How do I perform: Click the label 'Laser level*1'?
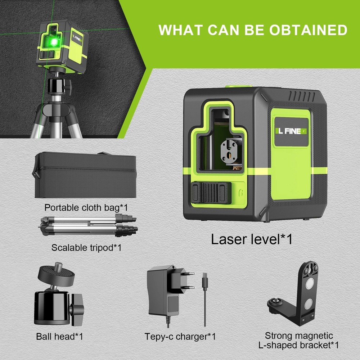252,239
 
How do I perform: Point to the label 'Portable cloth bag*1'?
86,208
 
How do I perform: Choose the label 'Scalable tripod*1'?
86,247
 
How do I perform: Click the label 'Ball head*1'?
60,337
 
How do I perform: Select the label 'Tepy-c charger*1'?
180,337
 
